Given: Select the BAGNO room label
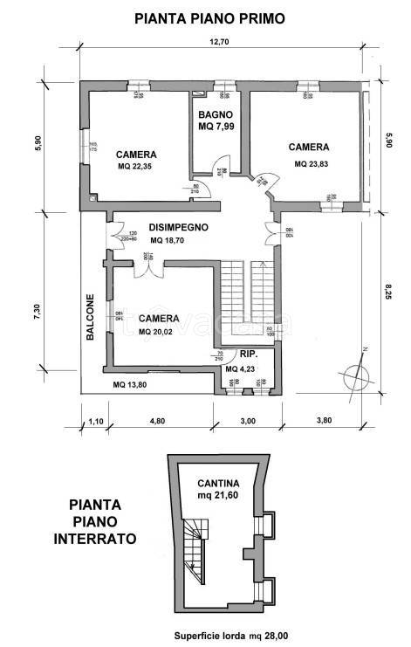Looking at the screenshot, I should [215, 114].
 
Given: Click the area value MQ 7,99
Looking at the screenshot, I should [216, 127].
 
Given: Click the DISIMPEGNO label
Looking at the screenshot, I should [177, 226].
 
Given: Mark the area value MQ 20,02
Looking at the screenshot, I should [159, 332].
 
